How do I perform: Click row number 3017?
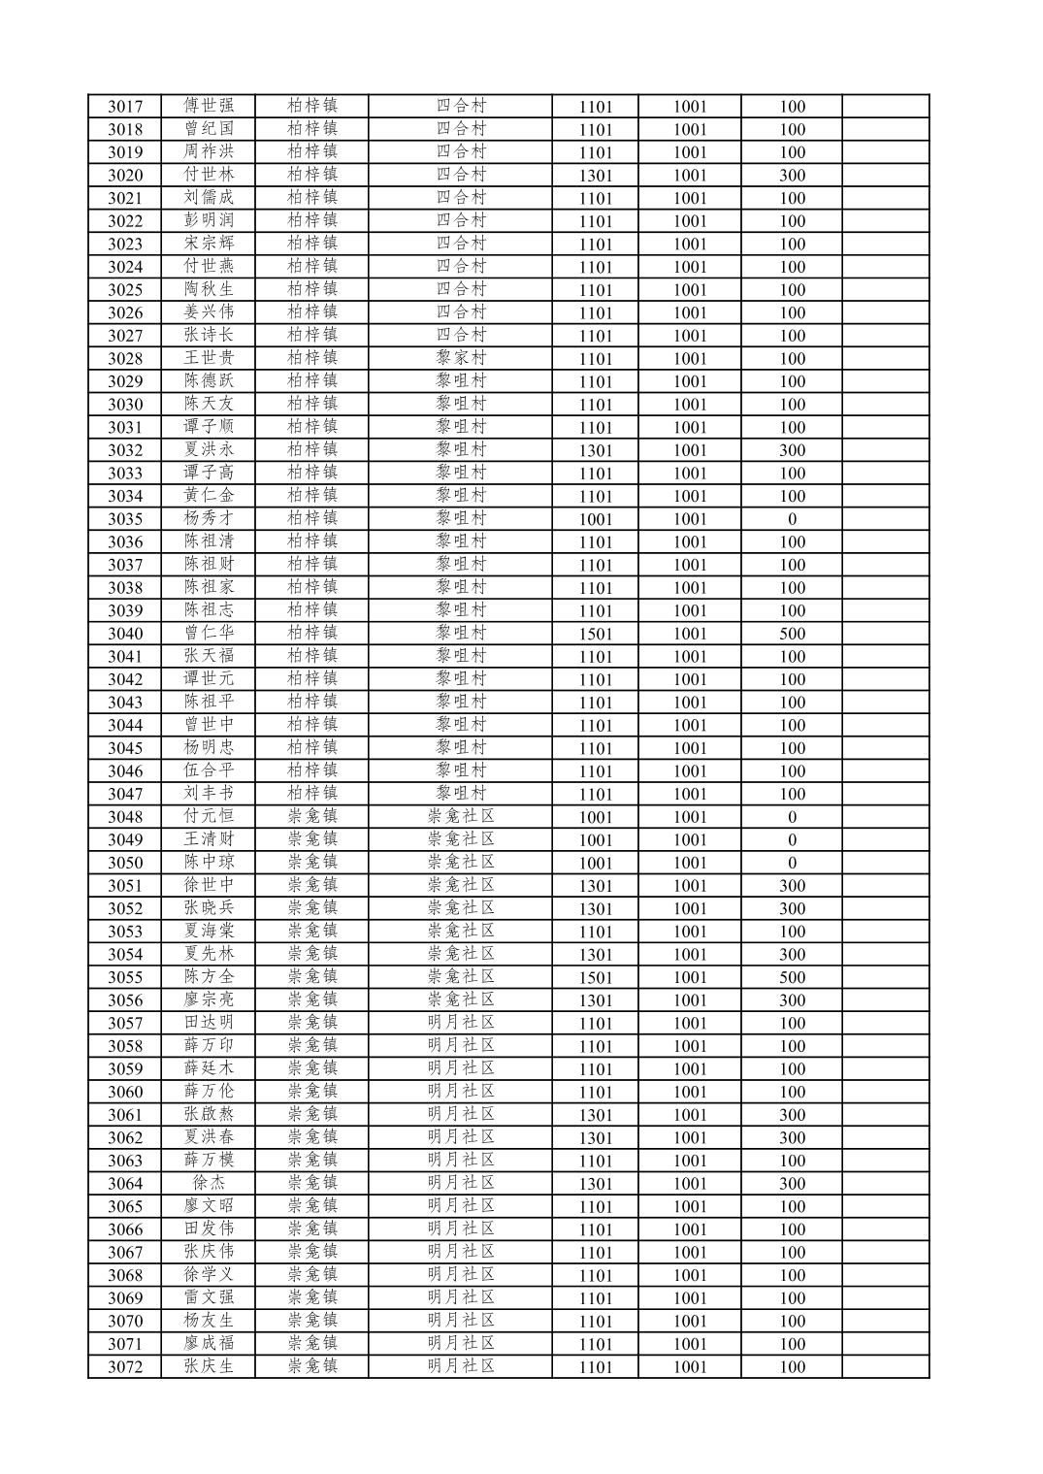[124, 107]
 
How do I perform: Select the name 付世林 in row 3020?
[209, 175]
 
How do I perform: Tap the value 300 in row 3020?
[792, 176]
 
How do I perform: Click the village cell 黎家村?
[461, 358]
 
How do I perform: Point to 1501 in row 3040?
[595, 634]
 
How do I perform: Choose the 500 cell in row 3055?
[792, 977]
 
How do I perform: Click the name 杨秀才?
[209, 518]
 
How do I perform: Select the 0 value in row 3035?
[792, 519]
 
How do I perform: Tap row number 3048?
[124, 817]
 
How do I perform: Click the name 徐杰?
[209, 1183]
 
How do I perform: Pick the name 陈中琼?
[209, 863]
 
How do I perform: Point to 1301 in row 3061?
[595, 1115]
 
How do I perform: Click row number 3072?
[124, 1367]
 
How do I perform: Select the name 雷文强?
[209, 1297]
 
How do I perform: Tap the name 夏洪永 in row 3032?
[209, 449]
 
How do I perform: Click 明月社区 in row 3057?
[461, 1023]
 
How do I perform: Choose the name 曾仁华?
[209, 633]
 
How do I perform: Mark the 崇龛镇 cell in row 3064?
[312, 1183]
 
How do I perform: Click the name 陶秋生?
[209, 289]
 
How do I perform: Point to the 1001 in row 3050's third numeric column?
[690, 863]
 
